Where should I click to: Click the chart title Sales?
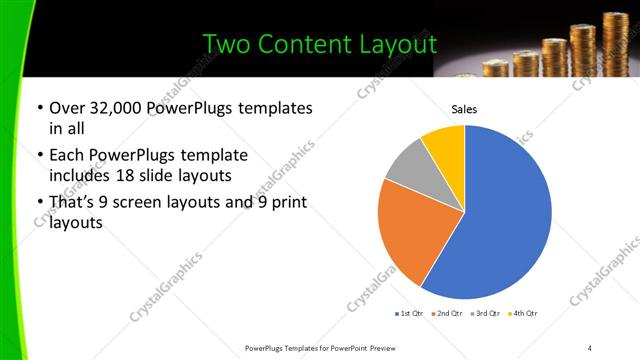[464, 109]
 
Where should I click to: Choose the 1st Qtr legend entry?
[408, 313]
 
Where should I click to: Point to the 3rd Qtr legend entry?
[484, 313]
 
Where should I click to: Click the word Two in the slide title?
[222, 45]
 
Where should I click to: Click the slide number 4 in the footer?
[590, 347]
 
